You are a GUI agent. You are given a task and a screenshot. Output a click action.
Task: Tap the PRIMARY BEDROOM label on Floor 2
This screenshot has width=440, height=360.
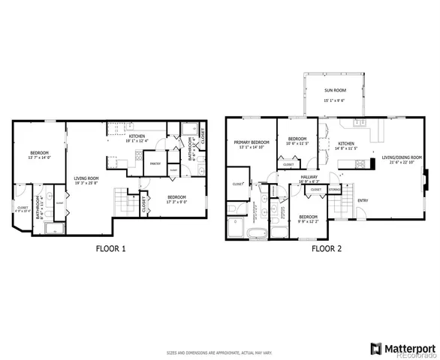(x=251, y=142)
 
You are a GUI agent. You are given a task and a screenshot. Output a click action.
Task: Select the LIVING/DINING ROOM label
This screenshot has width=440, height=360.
(x=402, y=157)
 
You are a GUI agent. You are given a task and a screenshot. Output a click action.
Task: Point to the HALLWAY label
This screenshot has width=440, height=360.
(x=309, y=176)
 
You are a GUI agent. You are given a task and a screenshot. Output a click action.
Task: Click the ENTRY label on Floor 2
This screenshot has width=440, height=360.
(x=363, y=200)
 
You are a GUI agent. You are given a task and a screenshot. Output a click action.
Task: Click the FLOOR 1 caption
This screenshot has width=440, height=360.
(x=112, y=247)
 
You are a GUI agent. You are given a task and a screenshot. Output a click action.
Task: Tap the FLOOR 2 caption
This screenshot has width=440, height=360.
(x=327, y=247)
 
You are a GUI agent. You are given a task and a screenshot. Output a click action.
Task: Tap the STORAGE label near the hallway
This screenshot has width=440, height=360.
(x=335, y=190)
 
